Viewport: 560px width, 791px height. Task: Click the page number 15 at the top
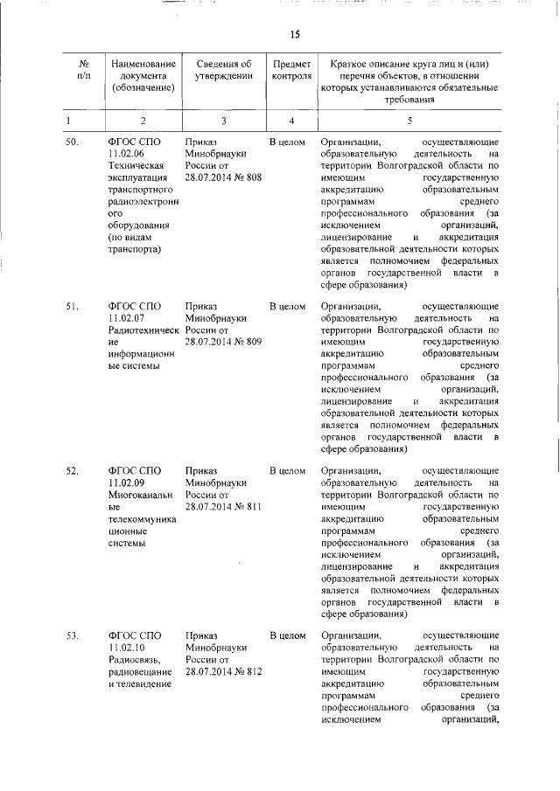295,34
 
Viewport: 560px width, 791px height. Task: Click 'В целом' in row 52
287,471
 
